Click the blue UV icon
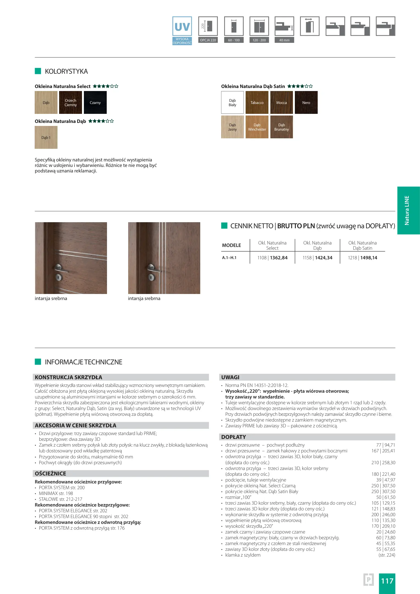click(x=182, y=27)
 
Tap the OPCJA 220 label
click(x=208, y=40)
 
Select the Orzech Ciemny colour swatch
click(x=70, y=103)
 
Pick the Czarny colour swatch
click(x=95, y=103)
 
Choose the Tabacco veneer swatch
click(x=257, y=103)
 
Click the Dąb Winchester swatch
click(x=257, y=127)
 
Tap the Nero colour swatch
click(x=306, y=103)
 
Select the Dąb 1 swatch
click(x=46, y=137)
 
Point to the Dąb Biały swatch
click(x=232, y=103)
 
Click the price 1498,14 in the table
click(x=369, y=258)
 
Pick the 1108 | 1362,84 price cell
click(x=272, y=258)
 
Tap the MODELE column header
click(x=231, y=245)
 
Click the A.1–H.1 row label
click(x=229, y=258)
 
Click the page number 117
click(x=387, y=581)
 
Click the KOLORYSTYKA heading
click(x=66, y=71)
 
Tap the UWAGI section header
click(x=230, y=377)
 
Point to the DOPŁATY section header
click(x=234, y=437)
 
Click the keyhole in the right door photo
click(x=151, y=277)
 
